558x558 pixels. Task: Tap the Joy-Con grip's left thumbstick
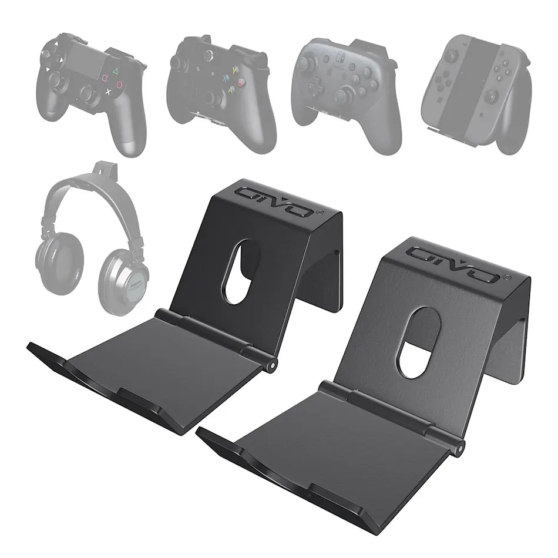(451, 55)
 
